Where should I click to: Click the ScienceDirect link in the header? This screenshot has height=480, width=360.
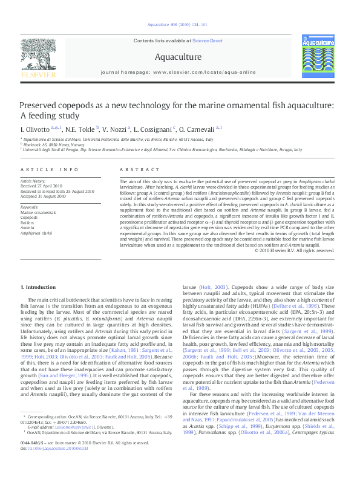[208, 41]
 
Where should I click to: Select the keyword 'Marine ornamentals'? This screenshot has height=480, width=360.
[38, 213]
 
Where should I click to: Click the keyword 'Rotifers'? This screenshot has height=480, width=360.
[28, 222]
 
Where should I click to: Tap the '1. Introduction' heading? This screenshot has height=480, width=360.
[38, 287]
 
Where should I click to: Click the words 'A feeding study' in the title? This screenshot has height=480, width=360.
[50, 115]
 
